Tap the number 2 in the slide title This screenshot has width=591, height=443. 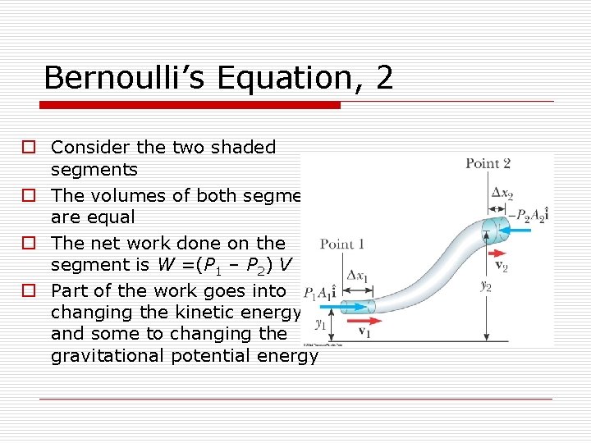pyautogui.click(x=384, y=78)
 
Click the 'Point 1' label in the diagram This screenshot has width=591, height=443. pyautogui.click(x=341, y=244)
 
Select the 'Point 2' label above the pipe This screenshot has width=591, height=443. pyautogui.click(x=488, y=163)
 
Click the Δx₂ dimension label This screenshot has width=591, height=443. pyautogui.click(x=502, y=193)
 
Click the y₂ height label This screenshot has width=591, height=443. pyautogui.click(x=485, y=285)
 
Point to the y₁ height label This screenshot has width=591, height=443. pyautogui.click(x=321, y=324)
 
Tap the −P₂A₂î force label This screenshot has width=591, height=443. pyautogui.click(x=530, y=214)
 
